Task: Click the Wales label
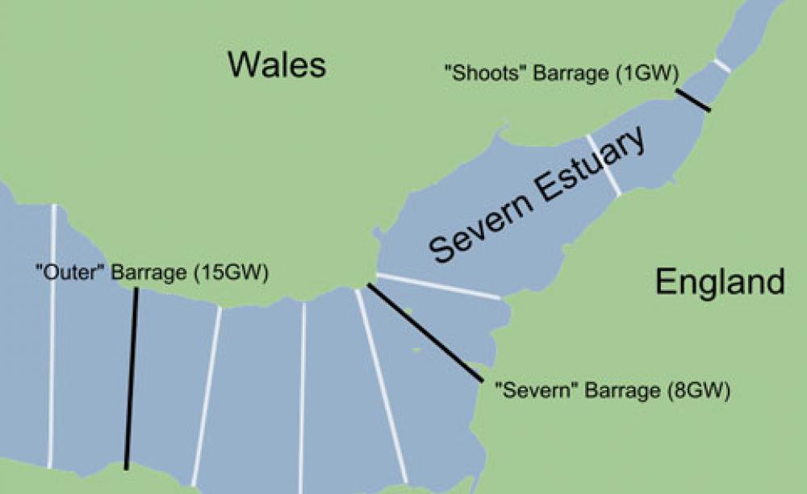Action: [x=277, y=64]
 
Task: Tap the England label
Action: [x=719, y=282]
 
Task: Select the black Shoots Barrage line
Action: [x=693, y=100]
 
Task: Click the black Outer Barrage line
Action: [x=131, y=379]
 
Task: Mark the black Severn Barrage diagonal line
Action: [x=424, y=332]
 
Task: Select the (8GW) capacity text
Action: [x=700, y=392]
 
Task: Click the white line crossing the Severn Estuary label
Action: [x=604, y=165]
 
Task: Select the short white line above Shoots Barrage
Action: [x=721, y=65]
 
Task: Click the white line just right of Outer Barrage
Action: [x=207, y=395]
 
